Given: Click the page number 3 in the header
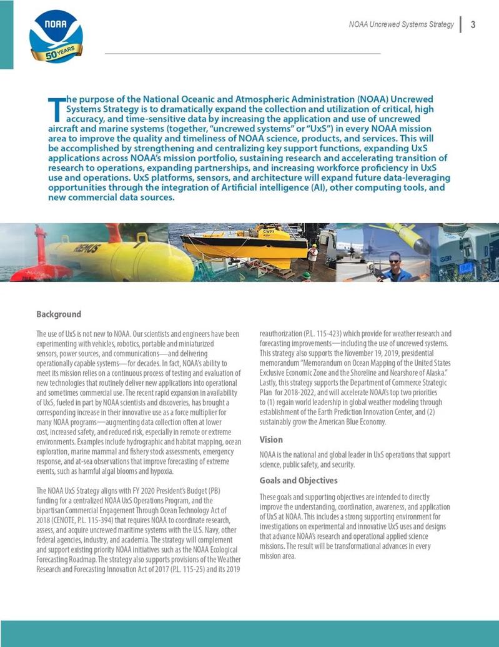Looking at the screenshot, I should pos(473,25).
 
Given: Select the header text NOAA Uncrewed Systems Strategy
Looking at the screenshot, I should pos(401,25).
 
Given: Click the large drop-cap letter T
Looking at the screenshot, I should pos(55,108).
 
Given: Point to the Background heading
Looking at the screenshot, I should pos(59,314).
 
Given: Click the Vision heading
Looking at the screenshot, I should pos(271,440).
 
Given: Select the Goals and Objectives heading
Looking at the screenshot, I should pos(298,481).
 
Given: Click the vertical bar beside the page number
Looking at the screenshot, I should pos(460,25).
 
